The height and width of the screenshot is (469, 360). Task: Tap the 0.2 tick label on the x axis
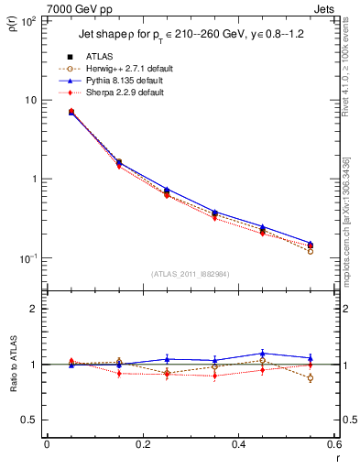coord(142,444)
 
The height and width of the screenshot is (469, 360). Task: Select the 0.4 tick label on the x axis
coord(238,444)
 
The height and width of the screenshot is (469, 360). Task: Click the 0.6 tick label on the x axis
coord(332,444)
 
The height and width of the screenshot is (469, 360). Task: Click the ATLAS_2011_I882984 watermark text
coord(190,273)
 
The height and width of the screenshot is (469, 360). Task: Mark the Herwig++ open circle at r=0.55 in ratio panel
coord(311,377)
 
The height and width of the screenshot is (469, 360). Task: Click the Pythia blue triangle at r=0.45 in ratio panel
coord(262,353)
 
